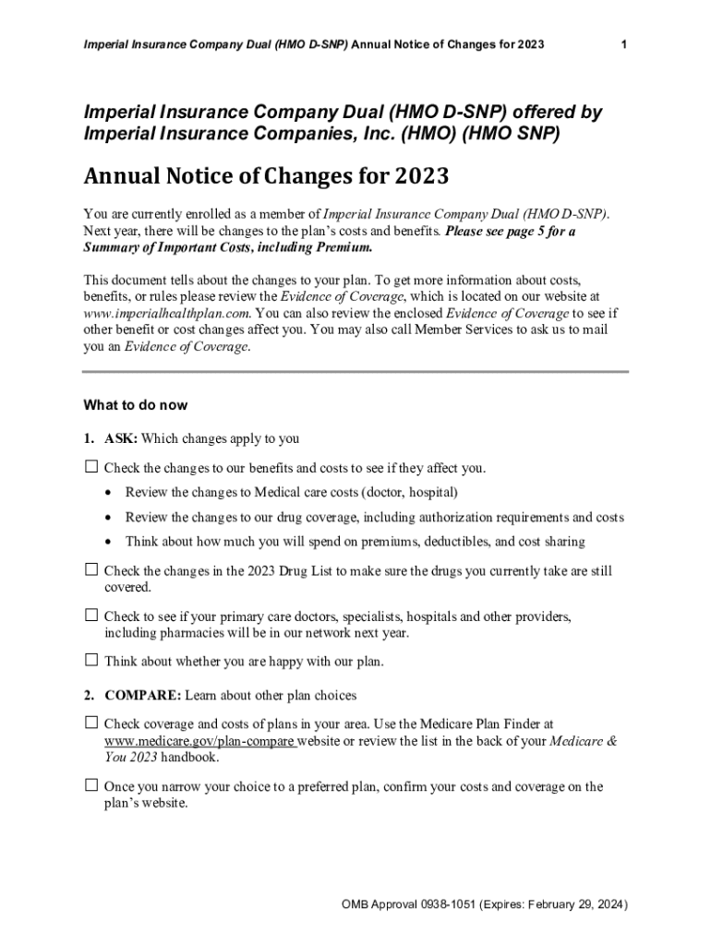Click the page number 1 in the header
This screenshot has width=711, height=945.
[625, 44]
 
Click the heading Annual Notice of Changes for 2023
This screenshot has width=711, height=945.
[268, 175]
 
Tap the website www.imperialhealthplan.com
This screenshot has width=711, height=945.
[166, 313]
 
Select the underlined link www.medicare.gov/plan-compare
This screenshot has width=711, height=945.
[199, 741]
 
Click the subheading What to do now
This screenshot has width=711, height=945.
[136, 404]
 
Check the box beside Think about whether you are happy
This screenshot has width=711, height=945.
[90, 661]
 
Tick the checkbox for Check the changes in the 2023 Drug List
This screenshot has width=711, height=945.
[90, 570]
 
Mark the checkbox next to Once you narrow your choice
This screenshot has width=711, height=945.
[90, 785]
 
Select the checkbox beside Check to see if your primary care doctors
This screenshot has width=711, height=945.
[90, 615]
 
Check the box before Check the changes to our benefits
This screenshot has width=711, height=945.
[90, 467]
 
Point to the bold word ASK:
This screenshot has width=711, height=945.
[121, 438]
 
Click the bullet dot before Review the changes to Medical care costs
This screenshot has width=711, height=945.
[111, 492]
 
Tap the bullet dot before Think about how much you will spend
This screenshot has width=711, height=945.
[111, 542]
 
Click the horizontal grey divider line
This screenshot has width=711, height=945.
[355, 371]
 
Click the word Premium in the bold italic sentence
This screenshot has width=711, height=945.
[343, 247]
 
